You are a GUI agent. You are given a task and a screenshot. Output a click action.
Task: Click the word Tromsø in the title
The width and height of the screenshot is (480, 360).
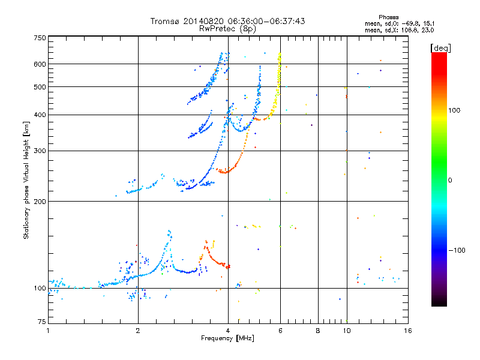tap(164, 21)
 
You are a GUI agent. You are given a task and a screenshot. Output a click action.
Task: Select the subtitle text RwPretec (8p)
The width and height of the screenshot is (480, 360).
tap(227, 29)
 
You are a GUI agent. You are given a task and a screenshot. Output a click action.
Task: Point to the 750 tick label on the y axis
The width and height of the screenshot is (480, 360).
tap(40, 38)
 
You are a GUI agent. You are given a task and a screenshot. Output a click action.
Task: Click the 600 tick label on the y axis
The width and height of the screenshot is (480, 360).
tap(40, 64)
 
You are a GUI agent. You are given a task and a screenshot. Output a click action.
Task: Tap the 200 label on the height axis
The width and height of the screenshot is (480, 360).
tap(40, 202)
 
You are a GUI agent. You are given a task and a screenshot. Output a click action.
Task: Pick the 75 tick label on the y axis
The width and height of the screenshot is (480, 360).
tap(42, 322)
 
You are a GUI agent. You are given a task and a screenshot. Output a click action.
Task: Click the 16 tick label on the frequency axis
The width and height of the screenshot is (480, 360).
tap(408, 331)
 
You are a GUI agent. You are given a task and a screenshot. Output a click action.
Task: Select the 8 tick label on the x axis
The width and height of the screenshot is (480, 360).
tap(318, 331)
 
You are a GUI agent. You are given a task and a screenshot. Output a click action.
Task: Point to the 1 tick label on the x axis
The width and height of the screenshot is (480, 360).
tap(48, 331)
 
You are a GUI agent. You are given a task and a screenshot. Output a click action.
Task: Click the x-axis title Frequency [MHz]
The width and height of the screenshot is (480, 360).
tap(227, 338)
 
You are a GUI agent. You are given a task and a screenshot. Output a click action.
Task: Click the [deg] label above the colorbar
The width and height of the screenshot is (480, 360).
tap(440, 49)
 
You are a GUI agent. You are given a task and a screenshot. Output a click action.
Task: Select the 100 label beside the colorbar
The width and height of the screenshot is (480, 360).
tap(454, 110)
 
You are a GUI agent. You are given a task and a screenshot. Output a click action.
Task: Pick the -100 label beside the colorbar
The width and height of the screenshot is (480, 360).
tap(457, 250)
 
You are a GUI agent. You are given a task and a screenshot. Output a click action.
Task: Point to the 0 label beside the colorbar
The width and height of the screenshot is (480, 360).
tap(450, 181)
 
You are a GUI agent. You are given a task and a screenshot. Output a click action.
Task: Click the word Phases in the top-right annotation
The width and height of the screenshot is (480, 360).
tap(388, 17)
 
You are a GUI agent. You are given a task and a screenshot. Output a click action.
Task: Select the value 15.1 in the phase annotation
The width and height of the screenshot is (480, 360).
tap(428, 23)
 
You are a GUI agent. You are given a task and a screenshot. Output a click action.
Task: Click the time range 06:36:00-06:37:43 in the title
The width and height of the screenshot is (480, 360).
tap(266, 21)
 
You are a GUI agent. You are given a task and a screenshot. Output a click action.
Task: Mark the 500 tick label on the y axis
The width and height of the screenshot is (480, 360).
tap(40, 87)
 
